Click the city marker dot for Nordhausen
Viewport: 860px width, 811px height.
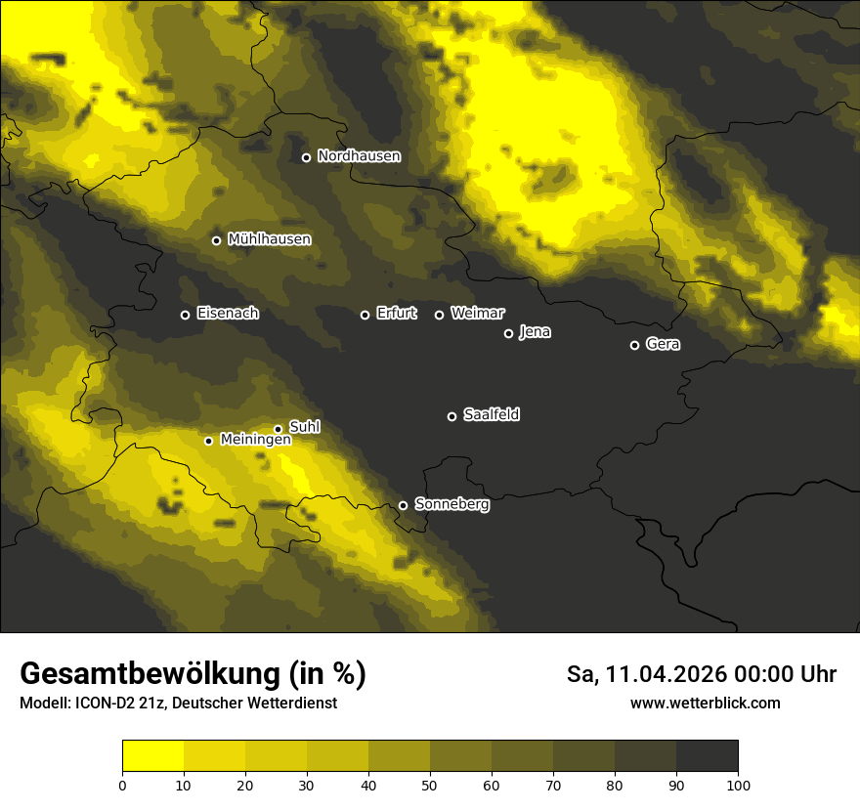(306, 157)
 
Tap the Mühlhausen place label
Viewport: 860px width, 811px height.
(269, 239)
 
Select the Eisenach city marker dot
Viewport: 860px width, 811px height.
(185, 315)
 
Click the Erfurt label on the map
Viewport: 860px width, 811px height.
(396, 314)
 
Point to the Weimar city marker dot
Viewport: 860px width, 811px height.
(439, 315)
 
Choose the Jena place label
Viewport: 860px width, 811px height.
(535, 332)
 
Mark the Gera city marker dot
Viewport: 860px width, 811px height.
(634, 345)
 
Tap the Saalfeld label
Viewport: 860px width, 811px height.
(491, 415)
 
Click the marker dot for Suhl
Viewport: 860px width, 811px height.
(278, 429)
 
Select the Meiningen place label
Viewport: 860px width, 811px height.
(255, 440)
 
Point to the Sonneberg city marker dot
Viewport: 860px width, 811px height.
(403, 505)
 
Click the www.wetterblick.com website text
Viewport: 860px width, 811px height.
(705, 703)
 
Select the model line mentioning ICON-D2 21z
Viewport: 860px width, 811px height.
(178, 704)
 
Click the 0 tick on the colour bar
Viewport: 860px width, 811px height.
(122, 784)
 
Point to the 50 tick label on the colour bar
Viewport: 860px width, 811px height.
(430, 784)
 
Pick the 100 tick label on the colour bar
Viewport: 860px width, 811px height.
(738, 784)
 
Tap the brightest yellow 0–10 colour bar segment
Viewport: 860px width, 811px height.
(152, 756)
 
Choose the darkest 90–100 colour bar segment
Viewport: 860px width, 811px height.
(707, 756)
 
